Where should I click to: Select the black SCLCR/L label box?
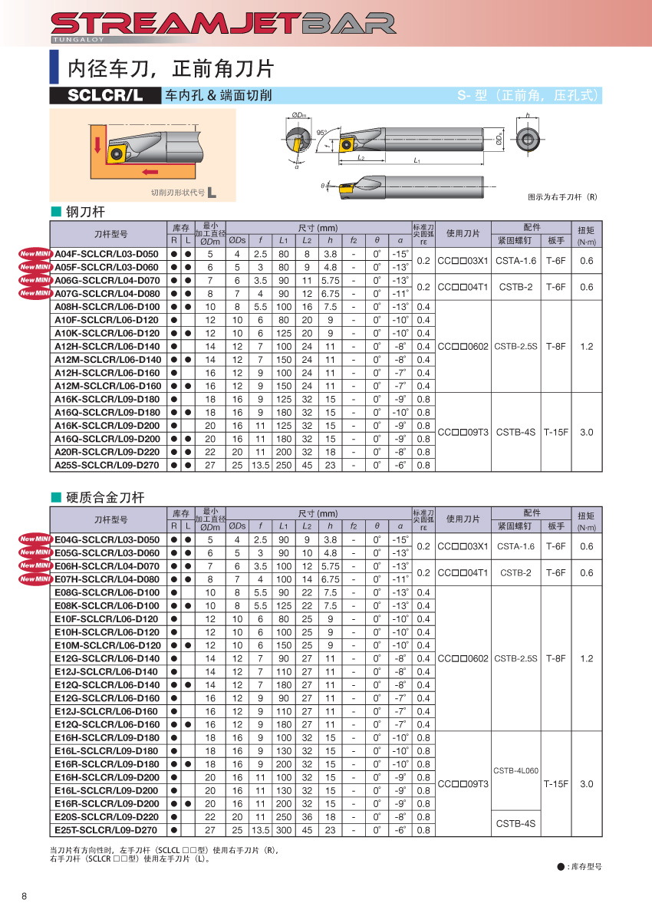pos(105,96)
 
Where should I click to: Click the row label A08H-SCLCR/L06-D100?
pos(107,307)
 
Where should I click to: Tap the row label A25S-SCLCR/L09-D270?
pos(107,465)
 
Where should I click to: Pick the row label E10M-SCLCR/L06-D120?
pos(107,645)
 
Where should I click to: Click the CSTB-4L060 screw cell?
pos(515,770)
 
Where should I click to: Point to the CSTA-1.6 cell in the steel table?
pos(515,260)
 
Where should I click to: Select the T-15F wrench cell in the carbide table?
pos(555,784)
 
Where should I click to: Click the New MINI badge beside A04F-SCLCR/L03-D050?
pos(35,254)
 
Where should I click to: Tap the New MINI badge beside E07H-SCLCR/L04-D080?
pos(35,579)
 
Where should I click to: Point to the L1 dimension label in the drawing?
pos(417,161)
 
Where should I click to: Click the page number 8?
pos(25,897)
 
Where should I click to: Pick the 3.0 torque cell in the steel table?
pos(586,432)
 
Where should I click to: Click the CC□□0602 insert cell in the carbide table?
pos(463,658)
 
